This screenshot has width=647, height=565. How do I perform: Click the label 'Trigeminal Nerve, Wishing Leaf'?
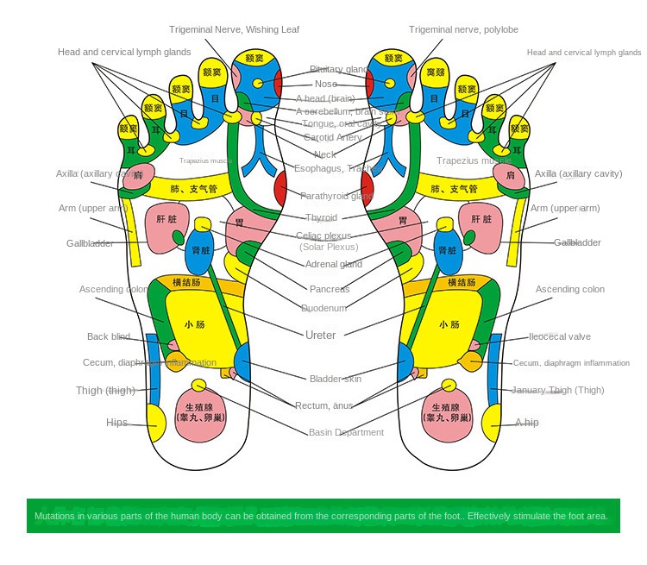point(234,29)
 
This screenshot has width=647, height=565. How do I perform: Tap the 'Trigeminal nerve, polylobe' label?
point(463,29)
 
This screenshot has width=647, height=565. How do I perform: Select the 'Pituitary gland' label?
point(340,69)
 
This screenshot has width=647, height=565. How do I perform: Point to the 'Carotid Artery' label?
point(332,137)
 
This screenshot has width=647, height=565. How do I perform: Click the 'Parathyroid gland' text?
point(337,196)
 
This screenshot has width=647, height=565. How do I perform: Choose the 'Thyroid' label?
point(321,218)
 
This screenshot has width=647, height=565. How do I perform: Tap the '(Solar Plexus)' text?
point(329,247)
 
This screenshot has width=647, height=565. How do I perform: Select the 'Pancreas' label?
point(330,289)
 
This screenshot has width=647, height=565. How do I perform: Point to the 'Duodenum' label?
point(324,308)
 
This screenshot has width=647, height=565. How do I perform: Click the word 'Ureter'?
point(321,335)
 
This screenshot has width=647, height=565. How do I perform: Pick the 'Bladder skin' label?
point(336,379)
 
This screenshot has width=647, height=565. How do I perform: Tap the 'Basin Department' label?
point(346,432)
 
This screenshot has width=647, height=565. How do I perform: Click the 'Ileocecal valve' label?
point(561,336)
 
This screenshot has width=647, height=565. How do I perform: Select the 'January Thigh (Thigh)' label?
point(557,390)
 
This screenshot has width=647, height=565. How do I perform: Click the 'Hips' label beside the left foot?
point(116,423)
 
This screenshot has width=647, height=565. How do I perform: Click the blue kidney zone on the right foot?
point(446,250)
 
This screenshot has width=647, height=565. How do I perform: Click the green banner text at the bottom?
point(321,517)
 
